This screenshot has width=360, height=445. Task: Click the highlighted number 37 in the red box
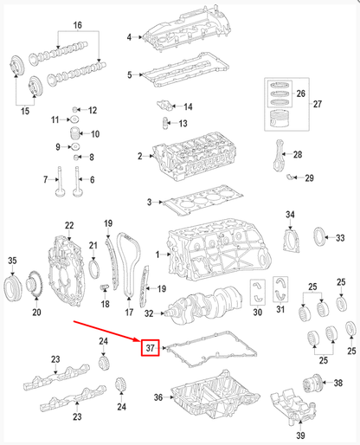pyautogui.click(x=150, y=349)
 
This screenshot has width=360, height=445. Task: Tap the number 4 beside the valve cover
pyautogui.click(x=129, y=37)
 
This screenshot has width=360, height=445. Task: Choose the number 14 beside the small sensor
pyautogui.click(x=188, y=106)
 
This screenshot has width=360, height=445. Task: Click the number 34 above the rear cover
pyautogui.click(x=290, y=214)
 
